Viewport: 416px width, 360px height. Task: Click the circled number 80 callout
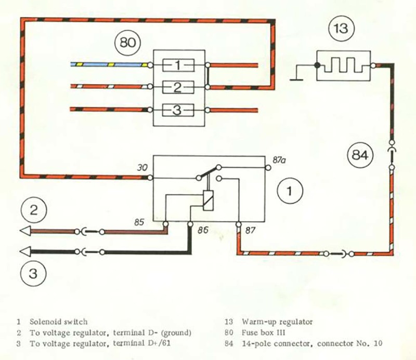click(x=127, y=43)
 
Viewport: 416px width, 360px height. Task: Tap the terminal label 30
click(x=142, y=167)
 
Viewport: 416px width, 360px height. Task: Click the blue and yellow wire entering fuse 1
click(x=109, y=65)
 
